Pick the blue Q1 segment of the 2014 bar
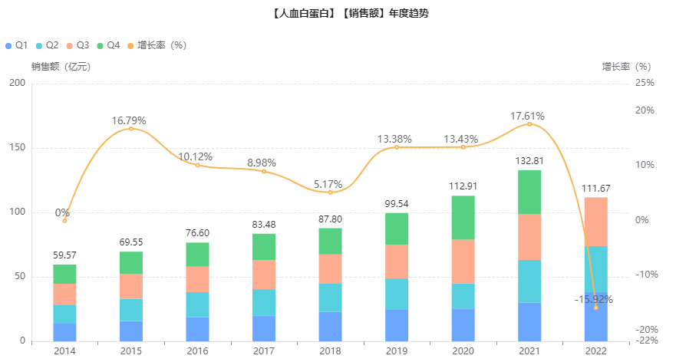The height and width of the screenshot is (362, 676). point(64,332)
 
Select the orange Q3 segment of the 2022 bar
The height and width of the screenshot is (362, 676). point(595,222)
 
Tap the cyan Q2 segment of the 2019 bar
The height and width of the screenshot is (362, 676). point(397,294)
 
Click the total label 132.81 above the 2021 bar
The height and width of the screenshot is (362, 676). point(529,161)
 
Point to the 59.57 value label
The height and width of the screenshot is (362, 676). point(64,255)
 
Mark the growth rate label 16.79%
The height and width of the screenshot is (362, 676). point(129,120)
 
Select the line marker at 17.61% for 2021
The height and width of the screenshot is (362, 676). point(529,124)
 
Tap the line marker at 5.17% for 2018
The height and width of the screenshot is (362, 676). point(331,192)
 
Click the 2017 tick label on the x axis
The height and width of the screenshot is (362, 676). point(264,350)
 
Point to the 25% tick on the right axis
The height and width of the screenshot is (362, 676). point(646,83)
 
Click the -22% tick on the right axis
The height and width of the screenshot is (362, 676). point(648,341)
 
